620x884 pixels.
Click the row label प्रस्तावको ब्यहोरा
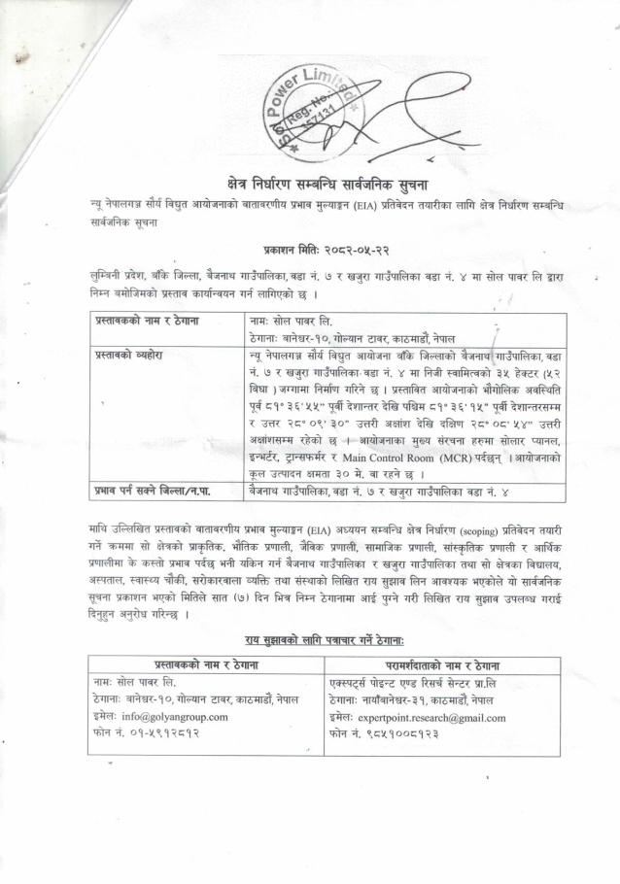(x=129, y=357)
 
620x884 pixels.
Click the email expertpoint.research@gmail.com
(x=430, y=717)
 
